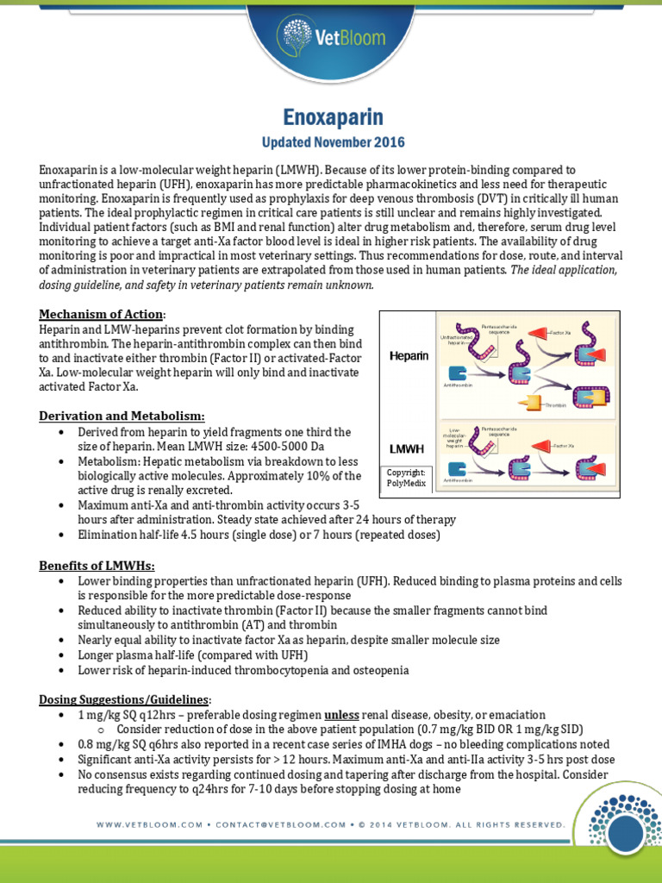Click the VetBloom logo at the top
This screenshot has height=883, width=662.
pos(331,34)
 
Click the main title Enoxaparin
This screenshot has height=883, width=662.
pos(333,118)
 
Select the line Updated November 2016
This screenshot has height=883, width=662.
pos(333,141)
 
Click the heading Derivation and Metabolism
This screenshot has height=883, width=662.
pos(122,416)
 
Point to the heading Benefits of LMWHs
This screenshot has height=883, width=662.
pos(97,566)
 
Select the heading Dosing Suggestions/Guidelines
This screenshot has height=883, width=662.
pos(124,698)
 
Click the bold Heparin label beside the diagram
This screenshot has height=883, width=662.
pos(409,355)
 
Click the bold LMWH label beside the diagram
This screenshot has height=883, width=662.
pos(408,448)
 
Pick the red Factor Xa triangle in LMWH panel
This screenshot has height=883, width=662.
pos(539,446)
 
